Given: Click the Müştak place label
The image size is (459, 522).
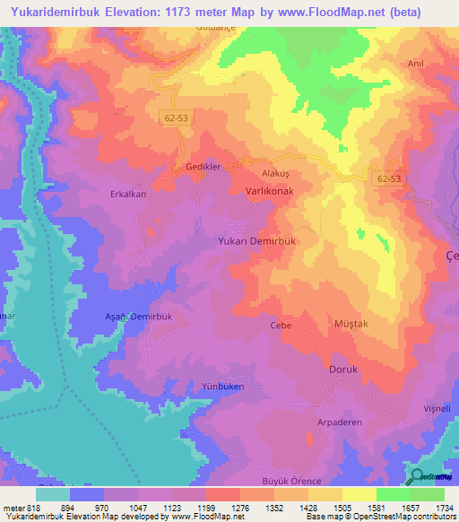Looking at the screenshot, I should click(351, 324).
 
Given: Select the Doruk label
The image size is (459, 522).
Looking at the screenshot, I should click(343, 369).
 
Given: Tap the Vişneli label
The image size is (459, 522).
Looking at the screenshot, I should click(435, 407).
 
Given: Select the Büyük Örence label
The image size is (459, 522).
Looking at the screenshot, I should click(290, 482).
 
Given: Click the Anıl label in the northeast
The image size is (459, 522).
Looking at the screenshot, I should click(415, 64).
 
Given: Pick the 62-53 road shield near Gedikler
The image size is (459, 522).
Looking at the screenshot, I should click(177, 117).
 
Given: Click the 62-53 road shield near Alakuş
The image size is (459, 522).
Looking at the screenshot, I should click(391, 179).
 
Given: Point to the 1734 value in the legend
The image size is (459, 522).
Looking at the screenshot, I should click(443, 507).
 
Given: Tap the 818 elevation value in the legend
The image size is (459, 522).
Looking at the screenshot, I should click(32, 507).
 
